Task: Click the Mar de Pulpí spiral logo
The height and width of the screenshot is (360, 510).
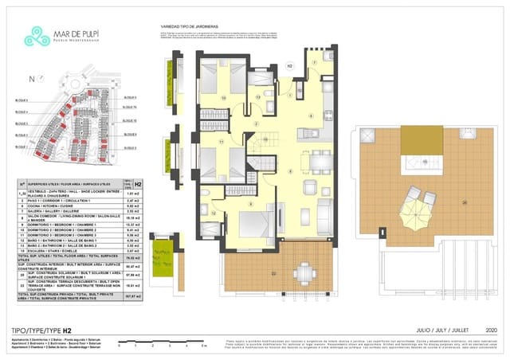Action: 37,36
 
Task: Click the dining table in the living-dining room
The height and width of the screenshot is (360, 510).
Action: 320,161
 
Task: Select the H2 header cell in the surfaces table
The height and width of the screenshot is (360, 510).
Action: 138,185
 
